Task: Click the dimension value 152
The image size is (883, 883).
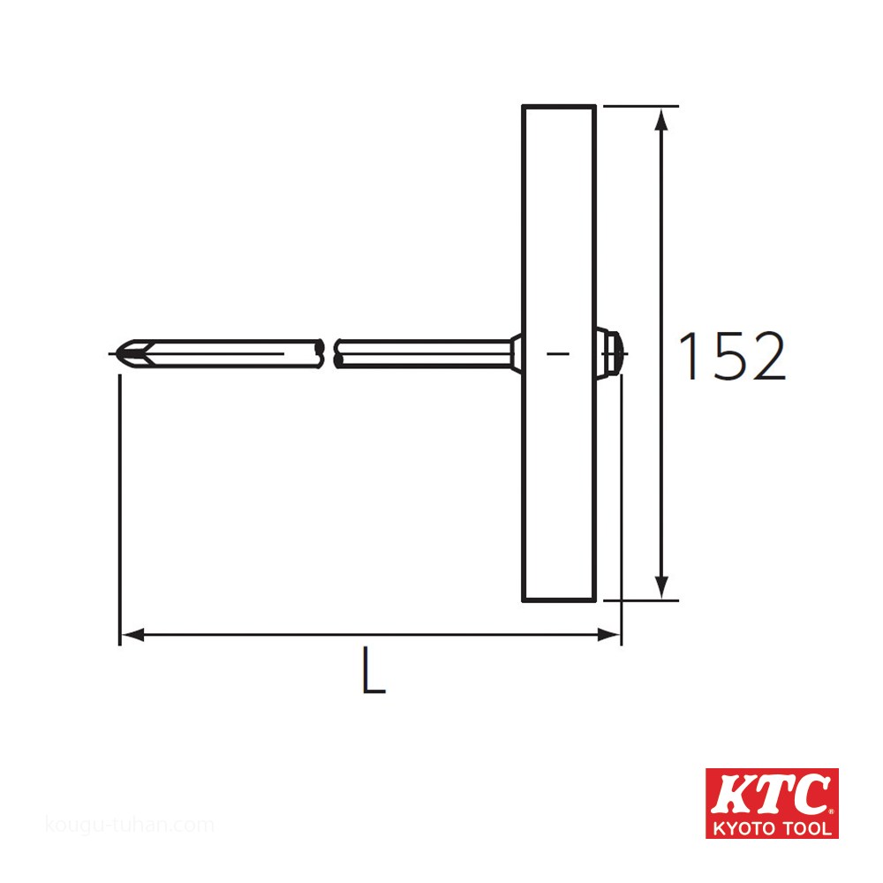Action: coord(731,357)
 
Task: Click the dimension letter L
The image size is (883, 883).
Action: coord(374,670)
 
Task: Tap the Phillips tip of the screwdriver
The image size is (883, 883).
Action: coord(129,353)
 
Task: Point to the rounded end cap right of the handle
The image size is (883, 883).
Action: coord(613,353)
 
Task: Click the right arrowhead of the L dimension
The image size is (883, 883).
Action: coord(610,634)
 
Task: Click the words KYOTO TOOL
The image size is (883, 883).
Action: coord(771,828)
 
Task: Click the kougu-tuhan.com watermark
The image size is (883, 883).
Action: coord(129,826)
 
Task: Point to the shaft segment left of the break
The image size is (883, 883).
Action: coord(230,353)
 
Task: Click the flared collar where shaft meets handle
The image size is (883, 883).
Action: coord(516,353)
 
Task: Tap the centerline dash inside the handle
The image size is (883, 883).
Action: coord(558,353)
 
